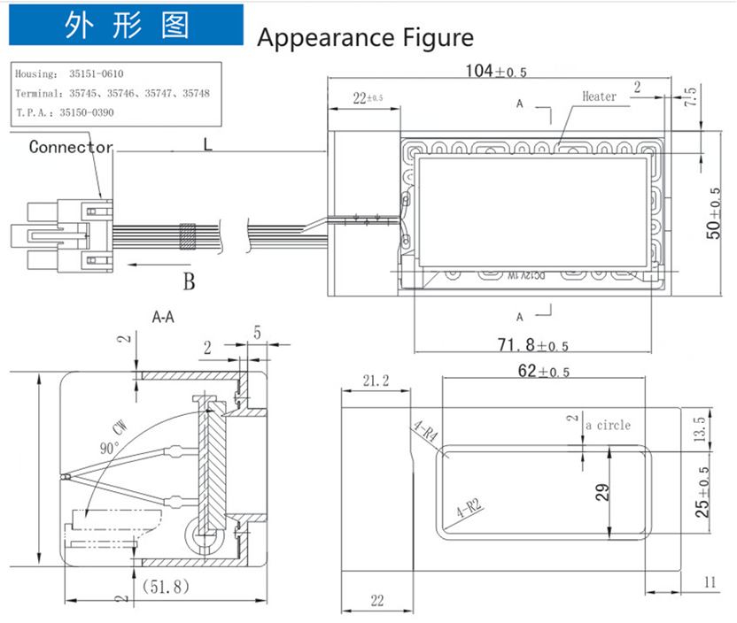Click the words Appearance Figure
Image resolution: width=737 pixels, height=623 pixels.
point(365,38)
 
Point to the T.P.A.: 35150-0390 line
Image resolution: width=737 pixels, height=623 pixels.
point(65,112)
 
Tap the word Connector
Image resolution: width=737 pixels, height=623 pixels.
point(71,147)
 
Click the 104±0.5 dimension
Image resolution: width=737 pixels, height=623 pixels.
point(496,72)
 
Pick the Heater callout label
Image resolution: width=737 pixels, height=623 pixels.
point(599,96)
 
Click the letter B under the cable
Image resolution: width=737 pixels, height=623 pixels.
point(188,282)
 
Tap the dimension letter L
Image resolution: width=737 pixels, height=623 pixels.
point(207,144)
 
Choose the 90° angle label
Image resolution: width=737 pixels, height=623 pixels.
point(109,449)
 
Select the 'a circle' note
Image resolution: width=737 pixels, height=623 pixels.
point(608,426)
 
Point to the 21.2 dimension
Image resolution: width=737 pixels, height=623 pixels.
point(376,381)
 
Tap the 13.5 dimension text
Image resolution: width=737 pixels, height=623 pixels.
point(701,430)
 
